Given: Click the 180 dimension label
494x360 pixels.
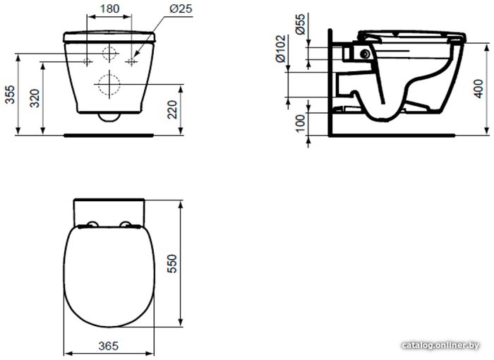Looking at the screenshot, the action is pyautogui.click(x=109, y=9).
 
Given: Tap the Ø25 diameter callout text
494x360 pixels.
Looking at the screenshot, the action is pyautogui.click(x=181, y=8).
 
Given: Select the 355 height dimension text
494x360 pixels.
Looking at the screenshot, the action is pyautogui.click(x=11, y=95).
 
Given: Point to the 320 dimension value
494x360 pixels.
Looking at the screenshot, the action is pyautogui.click(x=35, y=98).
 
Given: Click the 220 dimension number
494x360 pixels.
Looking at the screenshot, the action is pyautogui.click(x=172, y=109).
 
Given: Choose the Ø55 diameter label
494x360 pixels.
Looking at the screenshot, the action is pyautogui.click(x=301, y=24).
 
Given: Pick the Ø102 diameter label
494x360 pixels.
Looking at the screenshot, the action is pyautogui.click(x=280, y=49).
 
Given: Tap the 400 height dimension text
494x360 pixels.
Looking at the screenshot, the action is pyautogui.click(x=478, y=89).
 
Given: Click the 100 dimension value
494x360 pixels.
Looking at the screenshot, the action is pyautogui.click(x=301, y=123).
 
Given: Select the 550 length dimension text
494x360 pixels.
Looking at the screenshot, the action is pyautogui.click(x=172, y=264).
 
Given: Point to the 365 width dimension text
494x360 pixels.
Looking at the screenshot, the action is pyautogui.click(x=109, y=346).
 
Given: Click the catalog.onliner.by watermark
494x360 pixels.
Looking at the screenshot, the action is pyautogui.click(x=441, y=345).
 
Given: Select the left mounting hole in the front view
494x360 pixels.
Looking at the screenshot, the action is pyautogui.click(x=88, y=61).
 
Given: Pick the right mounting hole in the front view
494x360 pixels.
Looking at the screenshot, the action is pyautogui.click(x=131, y=62).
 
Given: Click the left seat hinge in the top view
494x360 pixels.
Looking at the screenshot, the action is pyautogui.click(x=92, y=224).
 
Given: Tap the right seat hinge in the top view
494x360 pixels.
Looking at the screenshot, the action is pyautogui.click(x=126, y=224).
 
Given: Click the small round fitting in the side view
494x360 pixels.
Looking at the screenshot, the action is pyautogui.click(x=365, y=54).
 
